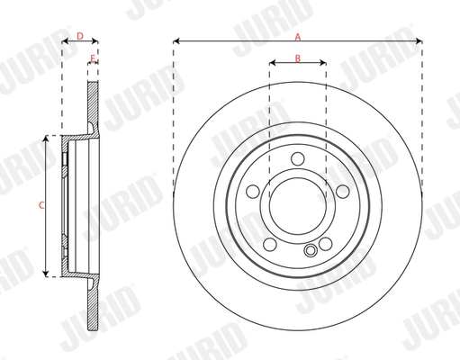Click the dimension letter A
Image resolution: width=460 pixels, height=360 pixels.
(x=298, y=35)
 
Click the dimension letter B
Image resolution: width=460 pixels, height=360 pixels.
(x=298, y=59)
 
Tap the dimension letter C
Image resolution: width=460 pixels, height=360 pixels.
(x=41, y=206)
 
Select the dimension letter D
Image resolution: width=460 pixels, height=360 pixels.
(x=79, y=36)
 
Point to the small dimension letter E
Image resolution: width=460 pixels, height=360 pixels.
(x=92, y=59)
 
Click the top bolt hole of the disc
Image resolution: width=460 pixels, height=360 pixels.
(x=298, y=160)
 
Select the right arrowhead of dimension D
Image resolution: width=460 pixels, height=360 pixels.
(x=95, y=41)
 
